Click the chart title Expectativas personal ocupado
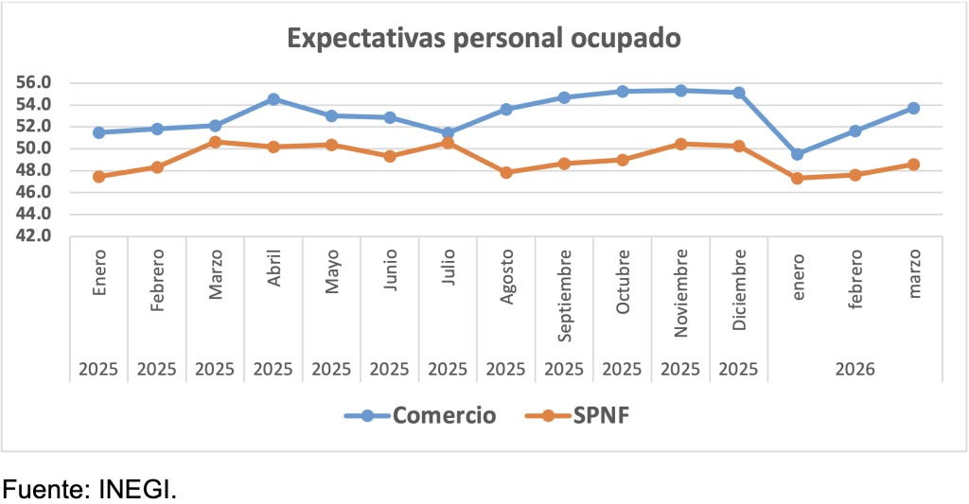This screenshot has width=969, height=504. [x=484, y=39]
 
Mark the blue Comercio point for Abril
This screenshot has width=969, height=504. [x=273, y=98]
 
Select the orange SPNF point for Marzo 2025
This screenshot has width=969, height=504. [x=215, y=142]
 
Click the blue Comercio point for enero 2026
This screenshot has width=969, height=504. [x=798, y=154]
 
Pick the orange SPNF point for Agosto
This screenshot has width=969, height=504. [x=506, y=172]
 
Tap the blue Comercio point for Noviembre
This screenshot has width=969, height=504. [x=680, y=91]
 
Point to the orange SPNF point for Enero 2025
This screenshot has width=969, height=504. [x=98, y=176]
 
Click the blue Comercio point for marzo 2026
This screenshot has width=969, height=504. [x=913, y=108]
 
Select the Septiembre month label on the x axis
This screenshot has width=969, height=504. [x=565, y=297]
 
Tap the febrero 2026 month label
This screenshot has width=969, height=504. [x=855, y=274]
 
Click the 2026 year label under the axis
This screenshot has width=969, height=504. [x=855, y=369]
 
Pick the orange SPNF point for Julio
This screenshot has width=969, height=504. [x=448, y=143]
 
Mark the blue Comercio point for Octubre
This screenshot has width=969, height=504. [x=623, y=92]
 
